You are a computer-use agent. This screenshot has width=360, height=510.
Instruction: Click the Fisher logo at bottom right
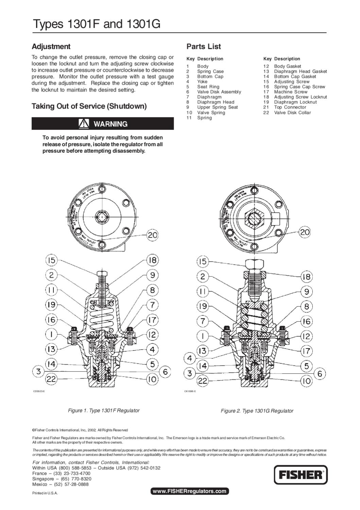(301, 475)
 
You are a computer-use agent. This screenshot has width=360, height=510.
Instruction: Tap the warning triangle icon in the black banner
(84, 124)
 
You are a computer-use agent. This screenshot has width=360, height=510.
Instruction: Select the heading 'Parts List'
(204, 47)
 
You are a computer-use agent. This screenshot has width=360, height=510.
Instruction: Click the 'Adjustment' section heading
(51, 47)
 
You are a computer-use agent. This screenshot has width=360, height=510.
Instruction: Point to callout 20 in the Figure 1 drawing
(153, 235)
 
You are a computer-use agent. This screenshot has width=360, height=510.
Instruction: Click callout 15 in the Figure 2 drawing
(203, 261)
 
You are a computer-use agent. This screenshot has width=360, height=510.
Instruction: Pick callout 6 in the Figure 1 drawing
(165, 372)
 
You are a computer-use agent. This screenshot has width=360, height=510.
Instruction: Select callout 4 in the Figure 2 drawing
(189, 358)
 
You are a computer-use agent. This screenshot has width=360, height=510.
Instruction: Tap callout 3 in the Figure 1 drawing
(39, 371)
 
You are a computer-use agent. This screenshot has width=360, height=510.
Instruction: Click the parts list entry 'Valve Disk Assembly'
(219, 92)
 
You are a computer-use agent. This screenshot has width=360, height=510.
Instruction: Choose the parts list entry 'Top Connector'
(290, 107)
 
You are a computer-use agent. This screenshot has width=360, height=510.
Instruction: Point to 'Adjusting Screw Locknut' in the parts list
(300, 97)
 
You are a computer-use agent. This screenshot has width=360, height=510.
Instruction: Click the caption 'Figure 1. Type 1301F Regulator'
(104, 410)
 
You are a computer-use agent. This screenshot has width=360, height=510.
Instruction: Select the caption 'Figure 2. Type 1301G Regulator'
(257, 411)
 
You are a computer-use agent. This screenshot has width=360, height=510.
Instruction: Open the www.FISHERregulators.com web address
(189, 491)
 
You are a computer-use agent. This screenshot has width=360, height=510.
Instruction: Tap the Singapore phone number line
(62, 479)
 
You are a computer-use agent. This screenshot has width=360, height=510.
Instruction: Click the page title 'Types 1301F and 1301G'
(96, 24)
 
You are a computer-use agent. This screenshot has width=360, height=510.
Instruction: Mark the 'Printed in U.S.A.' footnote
(45, 493)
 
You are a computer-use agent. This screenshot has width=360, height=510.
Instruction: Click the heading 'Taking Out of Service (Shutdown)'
(89, 106)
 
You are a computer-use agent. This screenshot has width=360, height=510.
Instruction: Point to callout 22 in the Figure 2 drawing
(203, 381)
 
